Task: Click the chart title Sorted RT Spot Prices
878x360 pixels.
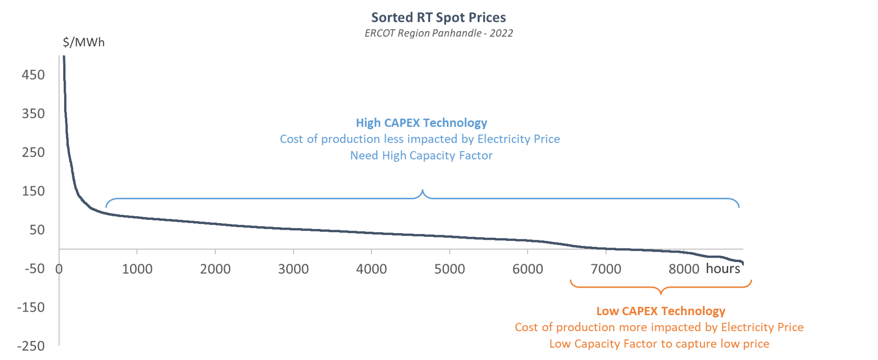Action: point(438,17)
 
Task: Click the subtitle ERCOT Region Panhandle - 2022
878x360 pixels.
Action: point(438,33)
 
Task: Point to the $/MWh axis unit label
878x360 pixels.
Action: point(84,42)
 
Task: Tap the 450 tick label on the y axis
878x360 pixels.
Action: point(33,75)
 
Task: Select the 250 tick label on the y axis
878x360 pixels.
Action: point(33,152)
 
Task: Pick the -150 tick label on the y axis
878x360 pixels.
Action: point(31,307)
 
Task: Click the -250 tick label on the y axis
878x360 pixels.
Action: point(31,346)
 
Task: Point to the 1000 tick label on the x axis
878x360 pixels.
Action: point(137,269)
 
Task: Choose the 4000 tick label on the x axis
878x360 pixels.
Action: point(371,269)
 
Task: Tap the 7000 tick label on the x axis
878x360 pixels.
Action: point(606,269)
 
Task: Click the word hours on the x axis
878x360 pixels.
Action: point(723,268)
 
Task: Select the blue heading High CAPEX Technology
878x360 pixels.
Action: point(421,123)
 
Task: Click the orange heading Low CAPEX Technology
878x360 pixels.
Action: point(661,311)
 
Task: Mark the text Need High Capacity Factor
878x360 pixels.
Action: point(421,155)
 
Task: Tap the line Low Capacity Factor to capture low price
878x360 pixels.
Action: point(659,344)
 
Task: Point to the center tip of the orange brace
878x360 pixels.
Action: point(661,293)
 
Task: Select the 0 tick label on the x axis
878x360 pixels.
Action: point(59,269)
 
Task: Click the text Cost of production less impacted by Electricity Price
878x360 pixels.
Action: point(420,139)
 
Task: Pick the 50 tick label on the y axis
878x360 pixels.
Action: point(37,230)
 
